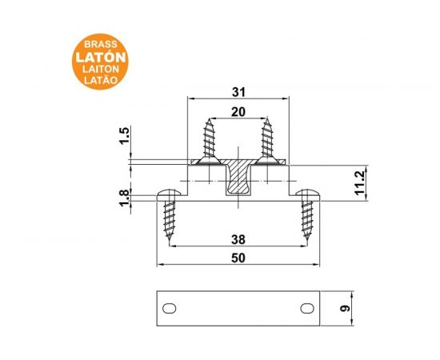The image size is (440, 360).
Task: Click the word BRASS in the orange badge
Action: click(x=101, y=44)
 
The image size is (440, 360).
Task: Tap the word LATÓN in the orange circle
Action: click(x=101, y=57)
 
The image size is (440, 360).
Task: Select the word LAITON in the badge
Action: click(x=101, y=69)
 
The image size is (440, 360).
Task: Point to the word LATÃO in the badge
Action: click(x=101, y=80)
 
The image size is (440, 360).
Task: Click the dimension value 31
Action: click(x=238, y=92)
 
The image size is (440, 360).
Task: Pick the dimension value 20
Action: click(x=238, y=112)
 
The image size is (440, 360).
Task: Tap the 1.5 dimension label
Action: click(x=125, y=136)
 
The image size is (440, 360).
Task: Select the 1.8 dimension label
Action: click(x=125, y=198)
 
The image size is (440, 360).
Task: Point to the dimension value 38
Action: click(x=238, y=240)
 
